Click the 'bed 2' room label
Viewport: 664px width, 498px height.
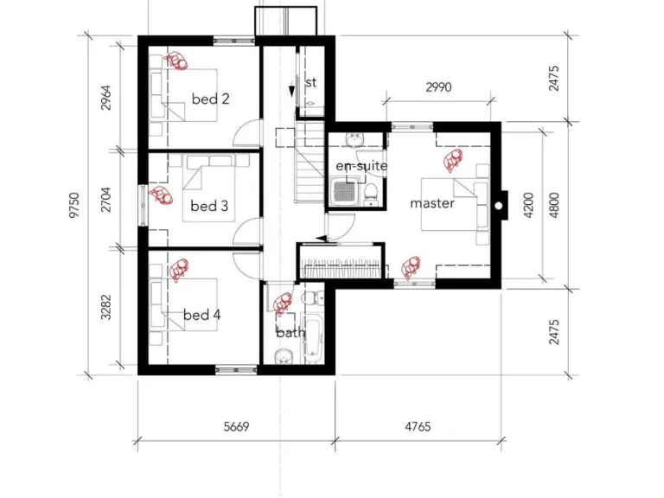coord(210,99)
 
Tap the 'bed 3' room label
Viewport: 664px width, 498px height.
coord(209,206)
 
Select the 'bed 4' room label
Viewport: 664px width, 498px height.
coord(201,315)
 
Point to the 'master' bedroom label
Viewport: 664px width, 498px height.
coord(431,203)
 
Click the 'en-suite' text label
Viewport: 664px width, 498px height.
coord(361,165)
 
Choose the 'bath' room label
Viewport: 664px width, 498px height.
coord(290,332)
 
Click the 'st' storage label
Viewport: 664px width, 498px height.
coord(311,82)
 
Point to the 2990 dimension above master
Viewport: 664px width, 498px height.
coord(439,87)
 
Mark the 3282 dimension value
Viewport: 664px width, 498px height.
coord(106,309)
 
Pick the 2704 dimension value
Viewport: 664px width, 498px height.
coord(106,200)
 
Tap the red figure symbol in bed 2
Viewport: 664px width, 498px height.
coord(178,61)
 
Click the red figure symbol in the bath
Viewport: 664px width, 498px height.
coord(282,303)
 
